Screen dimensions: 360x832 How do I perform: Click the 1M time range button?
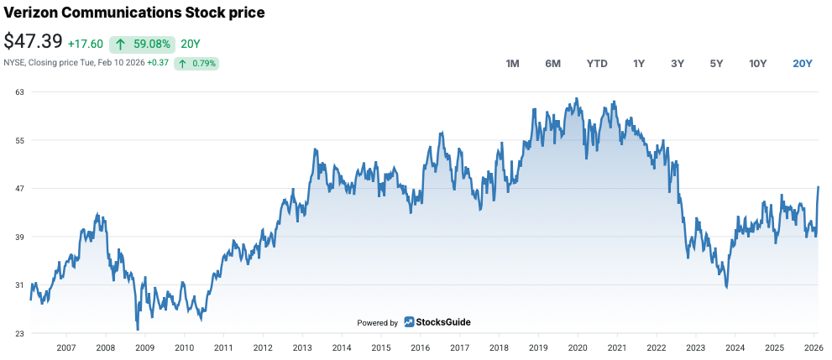[x=512, y=64]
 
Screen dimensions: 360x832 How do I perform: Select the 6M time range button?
[x=552, y=64]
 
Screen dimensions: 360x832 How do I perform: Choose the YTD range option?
[x=597, y=64]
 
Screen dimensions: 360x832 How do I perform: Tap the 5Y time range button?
[x=716, y=64]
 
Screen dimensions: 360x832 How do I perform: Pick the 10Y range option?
[x=758, y=64]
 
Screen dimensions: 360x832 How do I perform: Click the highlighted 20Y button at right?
[x=803, y=64]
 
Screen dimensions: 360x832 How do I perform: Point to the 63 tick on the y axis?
[x=18, y=91]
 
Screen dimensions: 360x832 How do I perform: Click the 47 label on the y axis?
[x=18, y=189]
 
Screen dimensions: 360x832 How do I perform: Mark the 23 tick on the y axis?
[x=18, y=334]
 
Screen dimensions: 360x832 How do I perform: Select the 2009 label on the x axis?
[x=145, y=347]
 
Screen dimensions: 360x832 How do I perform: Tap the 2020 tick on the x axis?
[x=578, y=347]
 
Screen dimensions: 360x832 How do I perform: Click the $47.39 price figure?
[x=34, y=42]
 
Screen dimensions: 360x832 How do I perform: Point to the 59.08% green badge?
[x=143, y=44]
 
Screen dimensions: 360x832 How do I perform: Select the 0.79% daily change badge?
[x=196, y=63]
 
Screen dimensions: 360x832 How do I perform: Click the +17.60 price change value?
[x=86, y=44]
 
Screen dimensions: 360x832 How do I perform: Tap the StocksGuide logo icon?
[x=409, y=321]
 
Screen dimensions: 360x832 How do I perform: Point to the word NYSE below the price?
[x=14, y=63]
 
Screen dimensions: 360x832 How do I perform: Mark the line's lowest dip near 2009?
[x=137, y=329]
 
